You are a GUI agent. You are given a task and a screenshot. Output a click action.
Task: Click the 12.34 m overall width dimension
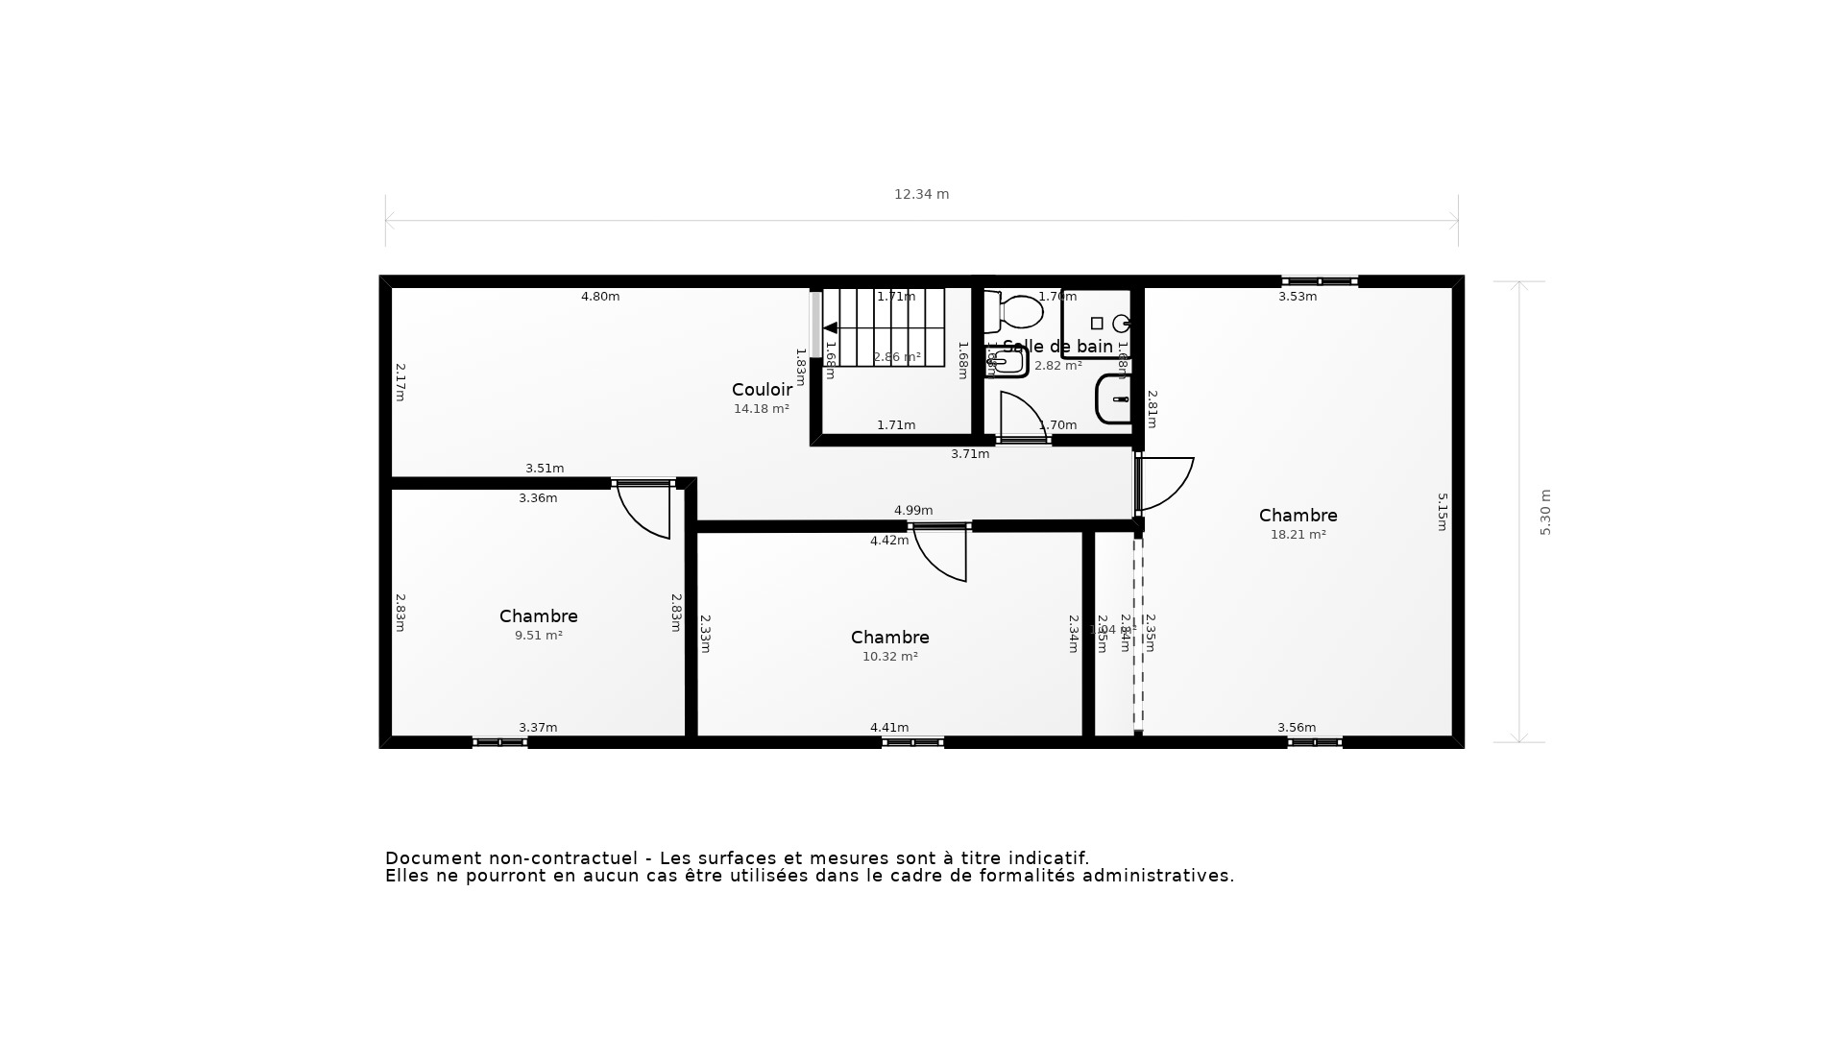(921, 194)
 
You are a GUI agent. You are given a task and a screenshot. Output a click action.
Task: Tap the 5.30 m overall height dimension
(1545, 512)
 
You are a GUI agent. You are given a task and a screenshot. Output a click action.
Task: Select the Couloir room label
(762, 390)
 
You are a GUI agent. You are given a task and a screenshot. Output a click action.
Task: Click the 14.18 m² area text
(761, 409)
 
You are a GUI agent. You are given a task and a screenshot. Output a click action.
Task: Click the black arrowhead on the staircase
(831, 328)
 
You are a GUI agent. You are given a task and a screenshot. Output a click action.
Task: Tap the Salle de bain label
(1057, 347)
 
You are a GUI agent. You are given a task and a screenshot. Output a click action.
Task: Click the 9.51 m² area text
(538, 636)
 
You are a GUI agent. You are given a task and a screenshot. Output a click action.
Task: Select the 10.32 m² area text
(889, 657)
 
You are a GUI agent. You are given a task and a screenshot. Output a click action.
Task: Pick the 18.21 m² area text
(1298, 535)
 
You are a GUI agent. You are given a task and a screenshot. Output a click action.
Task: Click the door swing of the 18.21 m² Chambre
(1166, 482)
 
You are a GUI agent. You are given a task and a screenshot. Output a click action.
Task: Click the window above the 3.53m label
(1319, 281)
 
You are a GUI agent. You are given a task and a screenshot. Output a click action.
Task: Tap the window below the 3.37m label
(499, 742)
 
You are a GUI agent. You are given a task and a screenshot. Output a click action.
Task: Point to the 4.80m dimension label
(600, 297)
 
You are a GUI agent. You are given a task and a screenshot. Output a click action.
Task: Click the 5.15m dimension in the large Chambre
(1442, 512)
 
